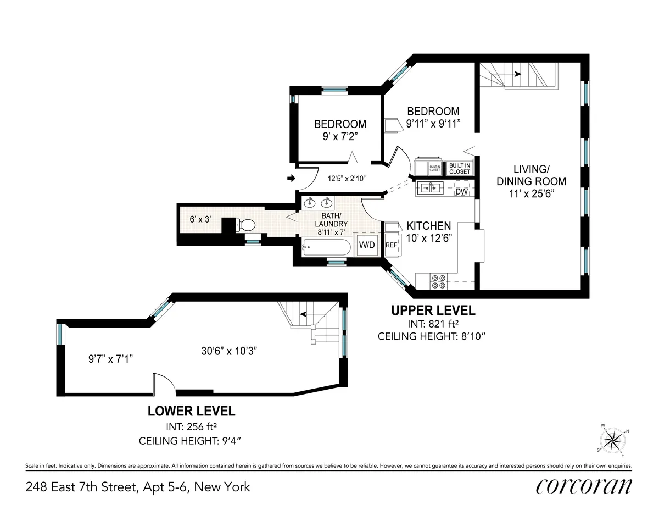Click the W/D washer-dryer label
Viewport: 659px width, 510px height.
click(367, 245)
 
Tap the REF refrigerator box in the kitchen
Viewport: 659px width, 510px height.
click(391, 245)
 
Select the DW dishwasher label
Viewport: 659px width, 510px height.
click(461, 191)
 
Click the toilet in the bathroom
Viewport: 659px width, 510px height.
click(247, 225)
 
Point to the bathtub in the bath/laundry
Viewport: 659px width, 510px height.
click(326, 248)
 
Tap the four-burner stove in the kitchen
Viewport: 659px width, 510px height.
click(439, 281)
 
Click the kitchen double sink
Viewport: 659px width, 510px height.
click(430, 188)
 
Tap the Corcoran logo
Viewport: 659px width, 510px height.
click(583, 486)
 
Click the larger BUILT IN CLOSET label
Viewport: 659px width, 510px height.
click(460, 168)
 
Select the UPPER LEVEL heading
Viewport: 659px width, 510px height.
click(433, 311)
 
